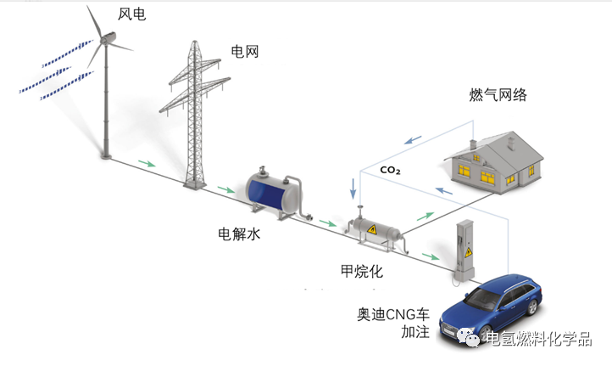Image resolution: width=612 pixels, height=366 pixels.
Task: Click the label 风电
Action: pos(130,15)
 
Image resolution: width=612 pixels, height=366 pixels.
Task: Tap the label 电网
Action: pos(244,52)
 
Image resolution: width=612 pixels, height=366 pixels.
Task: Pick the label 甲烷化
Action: pos(359,273)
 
